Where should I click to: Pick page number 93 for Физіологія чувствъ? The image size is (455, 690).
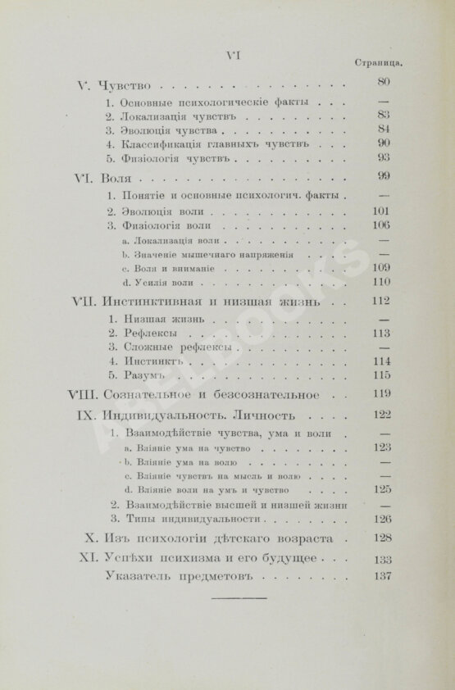(x=384, y=157)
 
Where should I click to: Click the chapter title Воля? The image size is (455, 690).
(x=118, y=178)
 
